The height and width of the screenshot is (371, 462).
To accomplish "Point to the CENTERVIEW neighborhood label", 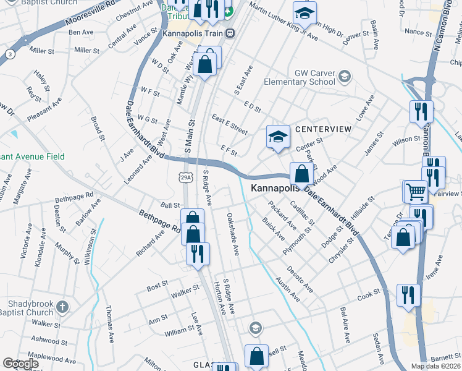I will coord(323,129).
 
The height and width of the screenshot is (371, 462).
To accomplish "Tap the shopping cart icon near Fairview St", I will coord(414,192).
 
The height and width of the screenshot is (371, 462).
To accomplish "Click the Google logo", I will coord(20,364).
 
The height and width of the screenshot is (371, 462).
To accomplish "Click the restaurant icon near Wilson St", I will coord(421,112).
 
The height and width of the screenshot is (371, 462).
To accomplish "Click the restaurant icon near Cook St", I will coord(408,294).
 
